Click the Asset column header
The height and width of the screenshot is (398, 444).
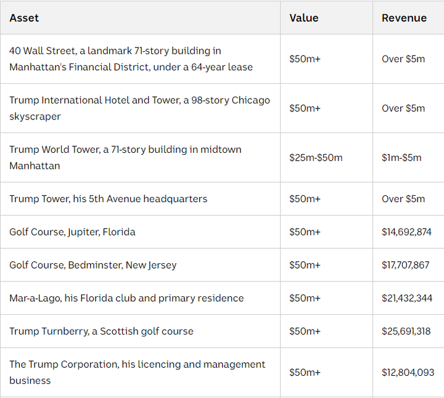24,18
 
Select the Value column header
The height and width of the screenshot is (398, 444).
304,18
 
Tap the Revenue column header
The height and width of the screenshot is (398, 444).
404,18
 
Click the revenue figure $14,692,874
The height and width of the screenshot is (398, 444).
406,232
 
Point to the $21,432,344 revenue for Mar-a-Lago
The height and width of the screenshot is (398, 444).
406,298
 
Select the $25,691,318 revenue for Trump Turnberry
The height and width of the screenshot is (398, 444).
406,331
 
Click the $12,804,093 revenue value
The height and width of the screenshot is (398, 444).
408,373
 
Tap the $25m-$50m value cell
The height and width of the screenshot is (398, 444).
316,158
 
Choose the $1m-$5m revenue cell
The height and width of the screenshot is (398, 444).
401,158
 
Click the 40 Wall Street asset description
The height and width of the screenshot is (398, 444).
131,59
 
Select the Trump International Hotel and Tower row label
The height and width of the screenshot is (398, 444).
139,108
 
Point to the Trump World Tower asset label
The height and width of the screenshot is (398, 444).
125,158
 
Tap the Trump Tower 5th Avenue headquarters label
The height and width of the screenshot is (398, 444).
108,199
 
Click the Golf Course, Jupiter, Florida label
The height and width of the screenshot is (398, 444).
72,232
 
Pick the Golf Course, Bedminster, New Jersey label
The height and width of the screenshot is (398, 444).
92,266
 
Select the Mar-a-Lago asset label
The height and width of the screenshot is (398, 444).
126,298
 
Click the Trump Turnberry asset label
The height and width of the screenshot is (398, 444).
101,331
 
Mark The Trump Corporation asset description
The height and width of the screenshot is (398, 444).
137,373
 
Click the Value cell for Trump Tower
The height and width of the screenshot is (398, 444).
305,199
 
